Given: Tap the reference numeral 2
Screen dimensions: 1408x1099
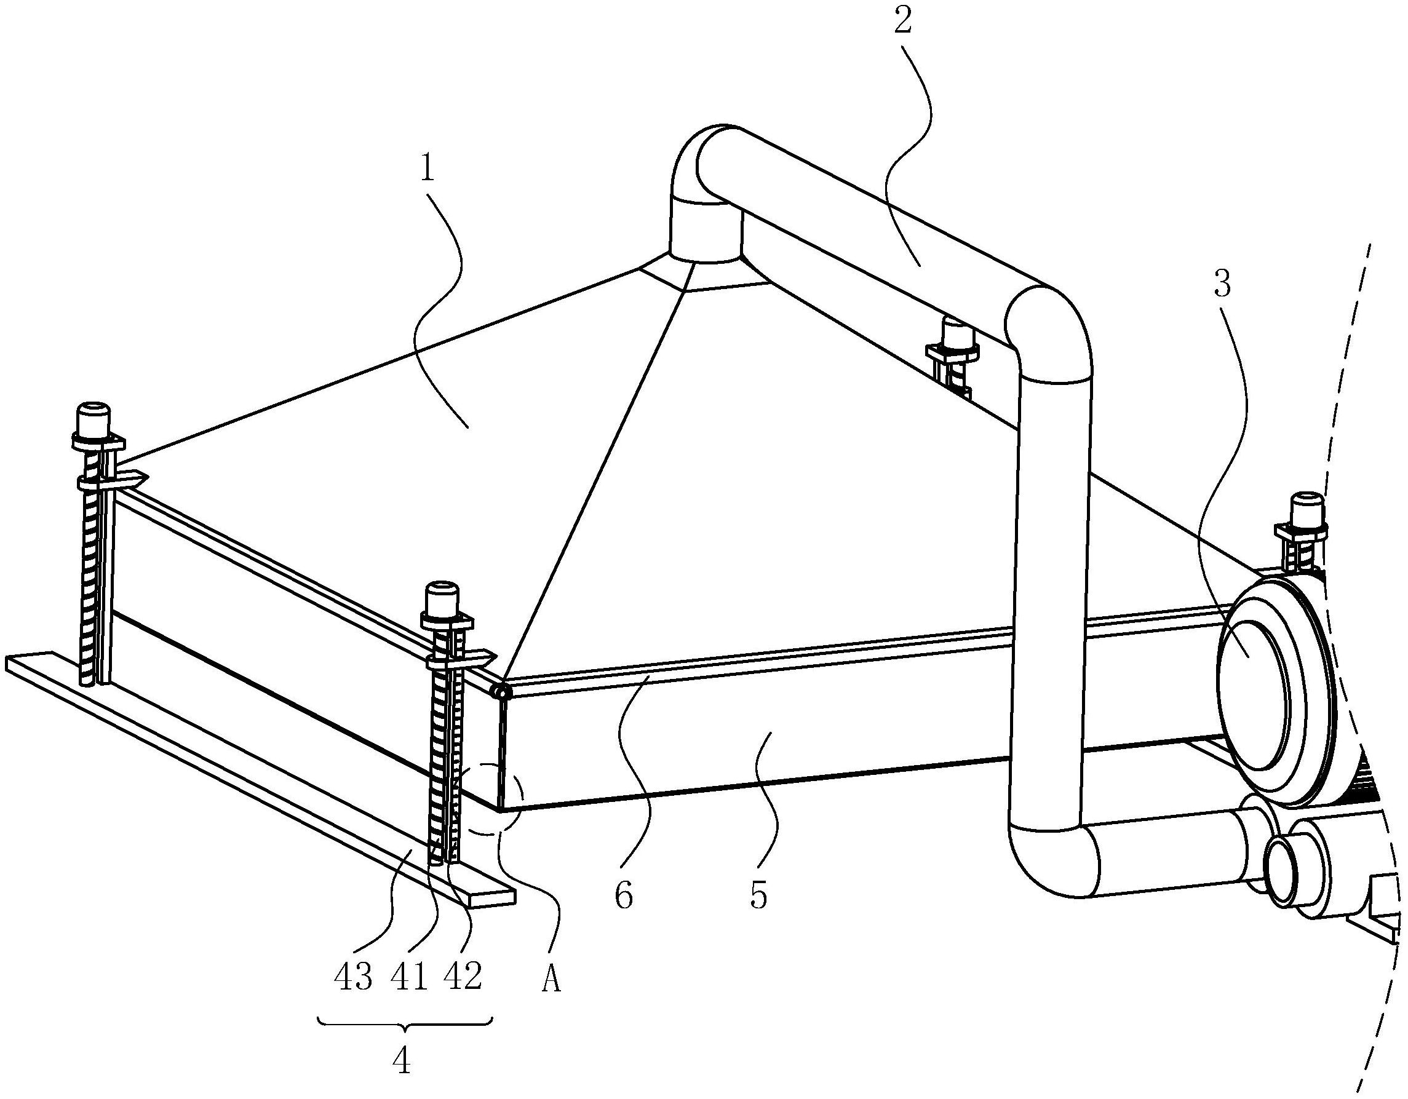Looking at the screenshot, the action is (902, 23).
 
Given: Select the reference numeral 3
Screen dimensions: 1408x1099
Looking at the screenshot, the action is (1223, 285).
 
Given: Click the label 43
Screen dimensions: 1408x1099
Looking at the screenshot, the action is (353, 978).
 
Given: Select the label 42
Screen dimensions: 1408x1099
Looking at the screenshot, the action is (463, 978).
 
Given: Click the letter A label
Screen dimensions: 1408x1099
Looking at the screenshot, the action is (550, 980).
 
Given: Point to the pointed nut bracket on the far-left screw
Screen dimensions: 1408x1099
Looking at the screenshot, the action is (112, 480).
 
